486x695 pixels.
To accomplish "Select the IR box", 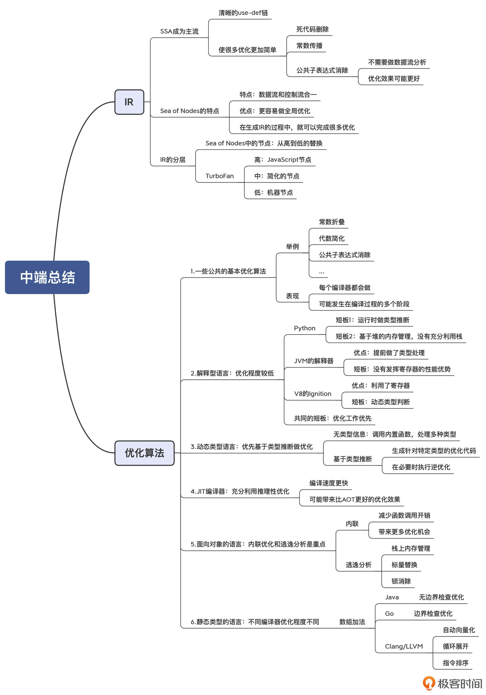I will [x=129, y=102].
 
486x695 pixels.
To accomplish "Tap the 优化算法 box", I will [x=144, y=453].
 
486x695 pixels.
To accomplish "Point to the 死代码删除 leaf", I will [x=312, y=29].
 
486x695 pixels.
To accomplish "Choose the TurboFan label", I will [x=219, y=176].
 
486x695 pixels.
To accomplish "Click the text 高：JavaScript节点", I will [x=282, y=159].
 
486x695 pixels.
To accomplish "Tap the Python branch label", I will [x=304, y=328].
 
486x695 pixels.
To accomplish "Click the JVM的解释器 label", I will [x=313, y=361].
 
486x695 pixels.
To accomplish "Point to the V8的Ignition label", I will [x=313, y=394].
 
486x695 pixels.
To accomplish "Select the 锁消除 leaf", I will [x=401, y=581].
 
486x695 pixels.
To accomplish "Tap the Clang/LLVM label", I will [x=404, y=646].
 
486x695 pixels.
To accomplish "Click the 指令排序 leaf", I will [x=455, y=663].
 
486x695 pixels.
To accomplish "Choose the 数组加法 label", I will [x=352, y=622].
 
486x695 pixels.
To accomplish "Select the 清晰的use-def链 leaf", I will [x=243, y=13].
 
